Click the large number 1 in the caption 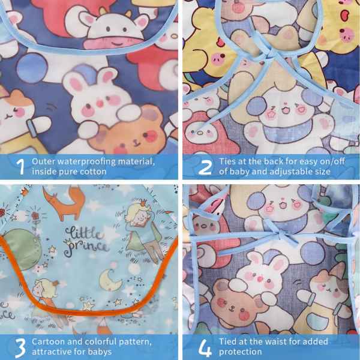(20, 167)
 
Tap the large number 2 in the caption (205, 167)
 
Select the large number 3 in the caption (20, 347)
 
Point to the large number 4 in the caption (205, 347)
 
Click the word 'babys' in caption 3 (100, 352)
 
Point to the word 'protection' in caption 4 (240, 352)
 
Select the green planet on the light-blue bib (22, 248)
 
